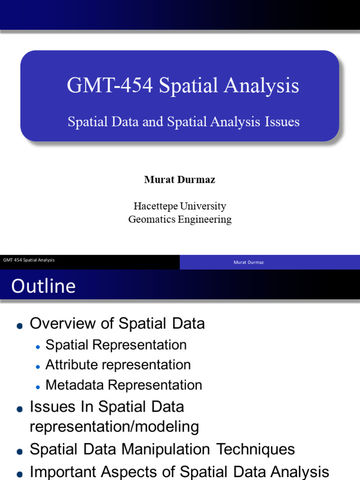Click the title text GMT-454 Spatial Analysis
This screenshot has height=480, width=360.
coord(183,86)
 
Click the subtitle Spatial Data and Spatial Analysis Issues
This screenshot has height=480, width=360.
coord(183,122)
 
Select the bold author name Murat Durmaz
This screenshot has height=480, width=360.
coord(180,180)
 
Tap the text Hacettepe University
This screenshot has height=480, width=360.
coord(180,206)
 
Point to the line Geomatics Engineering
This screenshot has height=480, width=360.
coord(180,219)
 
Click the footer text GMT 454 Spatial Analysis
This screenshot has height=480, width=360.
coord(29,260)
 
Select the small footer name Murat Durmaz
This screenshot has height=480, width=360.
coord(248,262)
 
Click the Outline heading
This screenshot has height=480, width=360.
coord(43,286)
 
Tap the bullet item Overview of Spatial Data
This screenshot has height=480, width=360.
coord(117,323)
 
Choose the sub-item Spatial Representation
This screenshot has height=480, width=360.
coord(116,345)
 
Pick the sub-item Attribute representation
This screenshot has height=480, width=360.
coord(118,365)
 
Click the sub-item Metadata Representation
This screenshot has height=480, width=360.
coord(124,385)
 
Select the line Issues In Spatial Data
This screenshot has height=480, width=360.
coord(107,406)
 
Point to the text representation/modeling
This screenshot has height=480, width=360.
coord(114,427)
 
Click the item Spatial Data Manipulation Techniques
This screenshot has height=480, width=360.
coord(162,449)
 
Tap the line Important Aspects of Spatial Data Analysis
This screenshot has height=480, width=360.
coord(180,471)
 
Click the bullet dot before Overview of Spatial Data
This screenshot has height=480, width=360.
coord(19,326)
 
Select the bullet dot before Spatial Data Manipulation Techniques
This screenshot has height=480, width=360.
coord(19,452)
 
